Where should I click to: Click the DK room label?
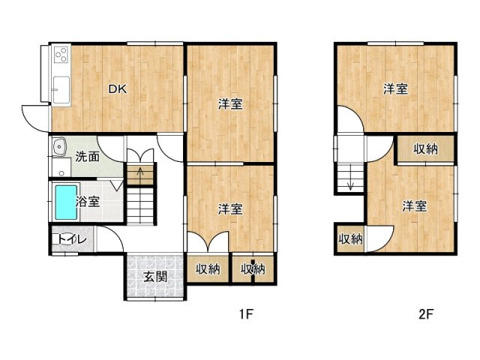coord(116,89)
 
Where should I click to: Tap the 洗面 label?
coord(88,157)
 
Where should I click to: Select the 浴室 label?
coord(88,201)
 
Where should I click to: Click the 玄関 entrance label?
coord(155,277)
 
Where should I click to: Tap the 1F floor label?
coord(246,315)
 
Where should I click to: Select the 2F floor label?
coord(425,315)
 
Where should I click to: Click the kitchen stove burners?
coord(61,55)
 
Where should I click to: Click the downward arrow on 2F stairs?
coord(349,181)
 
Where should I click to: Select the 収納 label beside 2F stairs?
coord(349,240)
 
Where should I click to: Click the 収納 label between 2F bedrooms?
coord(425,149)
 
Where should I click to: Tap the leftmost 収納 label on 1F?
coord(208,268)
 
